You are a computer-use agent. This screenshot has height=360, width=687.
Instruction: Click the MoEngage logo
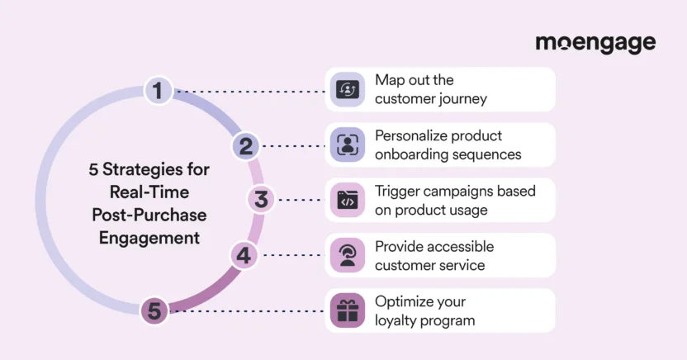(595, 43)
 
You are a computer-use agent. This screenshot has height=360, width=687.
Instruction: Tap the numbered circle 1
(157, 90)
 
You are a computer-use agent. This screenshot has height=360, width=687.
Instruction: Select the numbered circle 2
(245, 146)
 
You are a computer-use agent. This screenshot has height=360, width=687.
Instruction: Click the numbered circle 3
(261, 200)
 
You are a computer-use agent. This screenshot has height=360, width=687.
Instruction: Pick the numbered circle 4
(243, 255)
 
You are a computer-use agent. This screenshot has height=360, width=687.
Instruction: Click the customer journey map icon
(347, 90)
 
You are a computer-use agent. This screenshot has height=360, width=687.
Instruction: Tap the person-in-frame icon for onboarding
(347, 145)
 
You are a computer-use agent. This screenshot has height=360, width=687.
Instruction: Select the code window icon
(347, 201)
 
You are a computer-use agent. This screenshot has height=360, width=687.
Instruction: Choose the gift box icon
(347, 311)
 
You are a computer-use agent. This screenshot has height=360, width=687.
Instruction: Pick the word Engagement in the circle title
(149, 238)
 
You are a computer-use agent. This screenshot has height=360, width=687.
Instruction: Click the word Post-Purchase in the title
(149, 215)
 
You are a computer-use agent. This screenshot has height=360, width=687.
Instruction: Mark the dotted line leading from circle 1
(248, 91)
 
